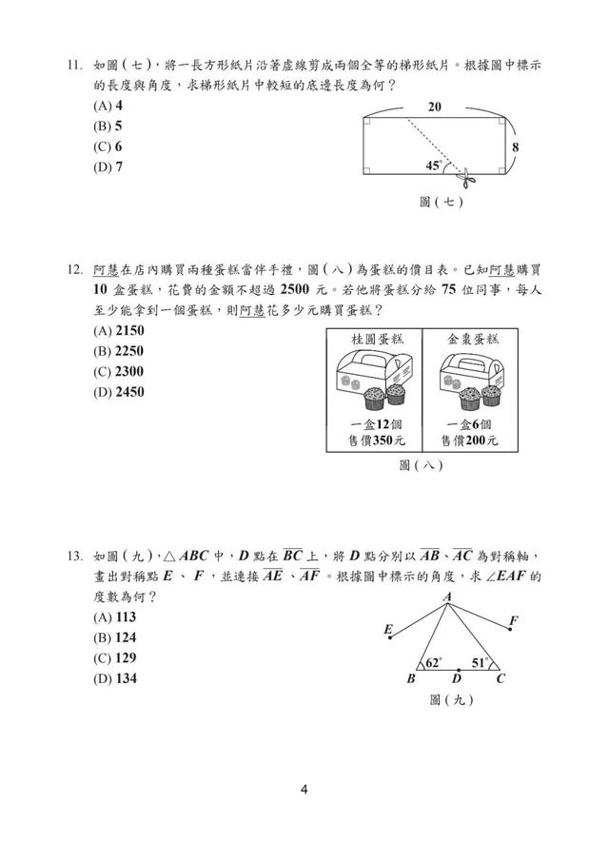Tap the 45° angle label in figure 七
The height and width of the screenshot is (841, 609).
tap(434, 166)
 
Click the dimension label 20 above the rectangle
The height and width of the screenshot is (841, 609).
tap(434, 107)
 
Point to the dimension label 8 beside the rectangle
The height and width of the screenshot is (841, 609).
tap(515, 147)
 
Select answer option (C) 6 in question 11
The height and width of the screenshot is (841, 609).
tap(108, 147)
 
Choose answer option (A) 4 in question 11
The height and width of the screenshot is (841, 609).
tap(108, 106)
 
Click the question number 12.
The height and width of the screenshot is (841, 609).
tap(74, 269)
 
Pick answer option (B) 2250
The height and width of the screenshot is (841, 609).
tap(118, 351)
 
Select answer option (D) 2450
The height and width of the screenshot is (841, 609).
tap(118, 392)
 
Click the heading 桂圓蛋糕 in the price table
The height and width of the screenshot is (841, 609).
tap(377, 339)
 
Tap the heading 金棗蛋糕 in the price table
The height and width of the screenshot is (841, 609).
tap(473, 339)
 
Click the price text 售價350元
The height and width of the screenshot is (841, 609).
tap(376, 440)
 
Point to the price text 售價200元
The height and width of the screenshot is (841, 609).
tap(469, 440)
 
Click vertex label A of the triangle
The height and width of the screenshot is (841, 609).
tap(447, 597)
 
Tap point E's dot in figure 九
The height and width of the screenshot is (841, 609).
tap(390, 637)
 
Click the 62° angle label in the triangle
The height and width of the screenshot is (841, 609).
tap(433, 663)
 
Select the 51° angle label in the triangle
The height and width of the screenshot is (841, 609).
tap(480, 663)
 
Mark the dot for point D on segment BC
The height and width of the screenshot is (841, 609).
tap(458, 670)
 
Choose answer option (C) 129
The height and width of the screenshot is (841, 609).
tap(115, 658)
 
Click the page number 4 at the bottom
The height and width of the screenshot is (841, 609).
tap(304, 790)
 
